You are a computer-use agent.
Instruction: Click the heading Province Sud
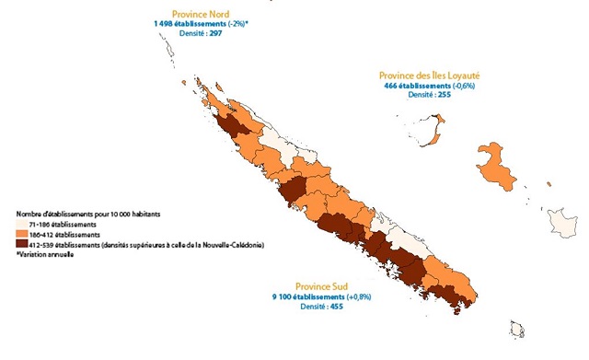[324, 286]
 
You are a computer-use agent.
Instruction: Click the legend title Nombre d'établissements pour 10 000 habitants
[88, 214]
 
